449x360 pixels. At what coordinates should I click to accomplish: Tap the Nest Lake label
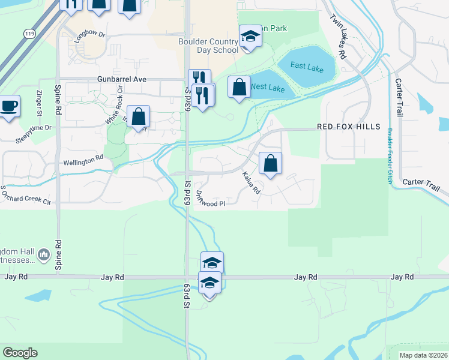[267, 88]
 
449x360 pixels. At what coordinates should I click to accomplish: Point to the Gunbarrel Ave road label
[122, 79]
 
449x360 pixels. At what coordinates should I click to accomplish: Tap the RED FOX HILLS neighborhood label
[349, 127]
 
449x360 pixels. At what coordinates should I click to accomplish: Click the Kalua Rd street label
[251, 182]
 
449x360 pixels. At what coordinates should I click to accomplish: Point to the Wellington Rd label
[83, 163]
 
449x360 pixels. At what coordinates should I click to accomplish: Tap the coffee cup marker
[8, 106]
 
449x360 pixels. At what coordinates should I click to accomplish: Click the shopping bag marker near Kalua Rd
[270, 163]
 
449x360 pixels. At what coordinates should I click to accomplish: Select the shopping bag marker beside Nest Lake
[239, 88]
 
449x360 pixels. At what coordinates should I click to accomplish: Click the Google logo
[20, 353]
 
